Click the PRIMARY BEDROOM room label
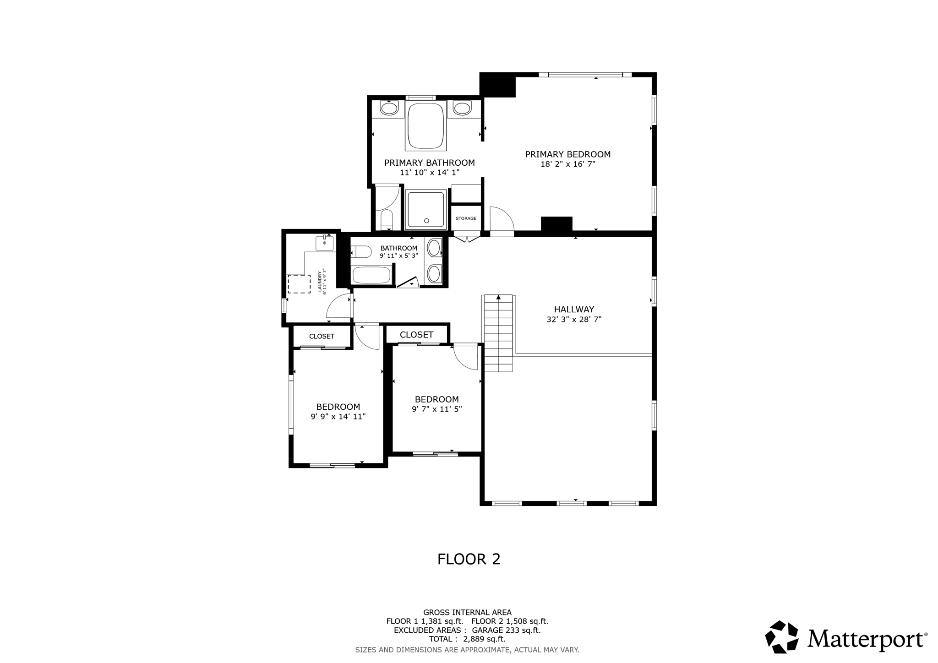click(x=567, y=154)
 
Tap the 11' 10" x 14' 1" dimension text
click(x=429, y=173)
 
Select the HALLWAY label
click(x=573, y=310)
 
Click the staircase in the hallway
click(x=498, y=334)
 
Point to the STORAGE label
click(x=466, y=218)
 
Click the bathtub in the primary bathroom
click(x=425, y=125)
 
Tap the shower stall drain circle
click(x=426, y=221)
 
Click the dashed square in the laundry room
click(x=299, y=284)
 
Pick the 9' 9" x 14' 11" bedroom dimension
click(x=338, y=417)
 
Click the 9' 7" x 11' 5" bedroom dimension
click(x=436, y=409)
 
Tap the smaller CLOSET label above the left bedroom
click(x=322, y=336)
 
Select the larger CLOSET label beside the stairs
click(x=416, y=335)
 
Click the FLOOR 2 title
click(x=469, y=559)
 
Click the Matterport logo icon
click(x=781, y=636)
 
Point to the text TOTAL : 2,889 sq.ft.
click(x=467, y=639)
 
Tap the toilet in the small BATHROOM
click(x=361, y=252)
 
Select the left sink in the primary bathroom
click(x=389, y=109)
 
